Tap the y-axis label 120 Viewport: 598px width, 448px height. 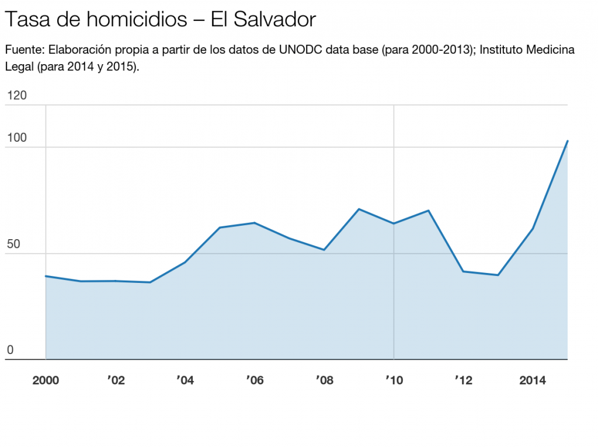point(16,96)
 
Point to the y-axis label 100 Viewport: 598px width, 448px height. point(16,138)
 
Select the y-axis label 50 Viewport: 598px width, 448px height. point(13,244)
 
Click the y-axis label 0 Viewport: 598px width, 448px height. point(10,349)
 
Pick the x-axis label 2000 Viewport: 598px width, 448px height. point(46,381)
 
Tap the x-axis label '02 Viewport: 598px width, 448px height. point(116,381)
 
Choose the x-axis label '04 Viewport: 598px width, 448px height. point(185,381)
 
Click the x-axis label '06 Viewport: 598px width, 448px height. point(255,381)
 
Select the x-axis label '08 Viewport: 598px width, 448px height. point(324,381)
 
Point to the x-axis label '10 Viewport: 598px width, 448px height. point(394,381)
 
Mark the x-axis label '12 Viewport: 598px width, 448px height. point(464,381)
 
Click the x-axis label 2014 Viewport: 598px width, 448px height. point(533,381)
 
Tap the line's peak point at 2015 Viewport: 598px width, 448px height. point(567,141)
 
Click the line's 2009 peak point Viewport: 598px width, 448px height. point(359,209)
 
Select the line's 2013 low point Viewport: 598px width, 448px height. point(498,275)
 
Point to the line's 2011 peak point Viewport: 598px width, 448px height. point(429,211)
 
